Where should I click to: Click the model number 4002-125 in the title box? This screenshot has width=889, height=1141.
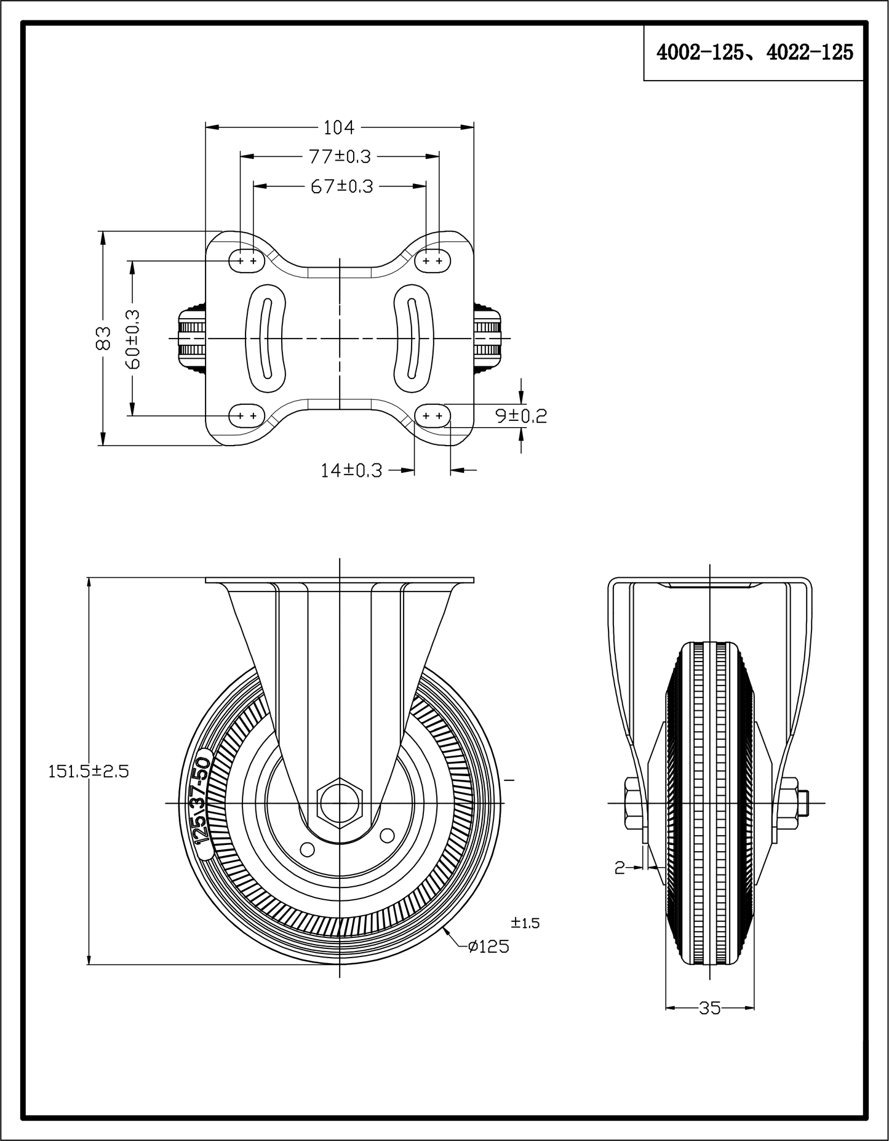(699, 53)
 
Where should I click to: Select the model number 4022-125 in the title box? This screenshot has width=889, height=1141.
(810, 53)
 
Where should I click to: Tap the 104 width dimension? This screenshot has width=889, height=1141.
(339, 127)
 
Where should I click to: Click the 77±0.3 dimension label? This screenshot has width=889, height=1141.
(340, 156)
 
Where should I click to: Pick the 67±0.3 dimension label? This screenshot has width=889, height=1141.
(341, 186)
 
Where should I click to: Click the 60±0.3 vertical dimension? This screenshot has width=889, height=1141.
(132, 338)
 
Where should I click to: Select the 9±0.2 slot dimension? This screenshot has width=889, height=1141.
(521, 417)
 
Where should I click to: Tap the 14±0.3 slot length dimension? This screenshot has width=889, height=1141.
(351, 471)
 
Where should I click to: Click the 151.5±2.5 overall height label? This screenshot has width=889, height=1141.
(89, 771)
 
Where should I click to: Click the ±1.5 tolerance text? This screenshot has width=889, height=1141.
(525, 923)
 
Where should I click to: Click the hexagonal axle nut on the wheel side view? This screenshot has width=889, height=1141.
(340, 803)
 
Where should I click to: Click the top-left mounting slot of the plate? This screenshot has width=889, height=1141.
(246, 261)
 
